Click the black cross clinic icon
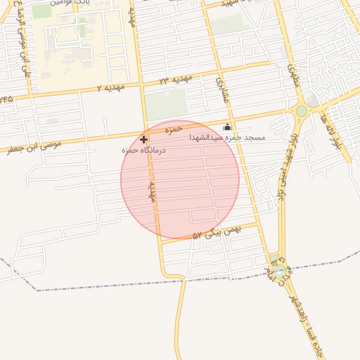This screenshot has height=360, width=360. pos(143,139)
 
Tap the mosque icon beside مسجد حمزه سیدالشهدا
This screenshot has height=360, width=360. pos(227,127)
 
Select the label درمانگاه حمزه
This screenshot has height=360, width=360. pos(143,150)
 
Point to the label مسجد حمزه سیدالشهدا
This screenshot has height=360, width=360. pos(227,138)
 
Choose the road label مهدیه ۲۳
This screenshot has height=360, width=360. pos(174,80)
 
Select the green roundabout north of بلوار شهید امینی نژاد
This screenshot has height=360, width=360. pos(301,111)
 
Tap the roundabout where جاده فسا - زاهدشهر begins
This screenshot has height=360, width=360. pos(279,271)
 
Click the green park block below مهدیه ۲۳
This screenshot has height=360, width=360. pos(167,104)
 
